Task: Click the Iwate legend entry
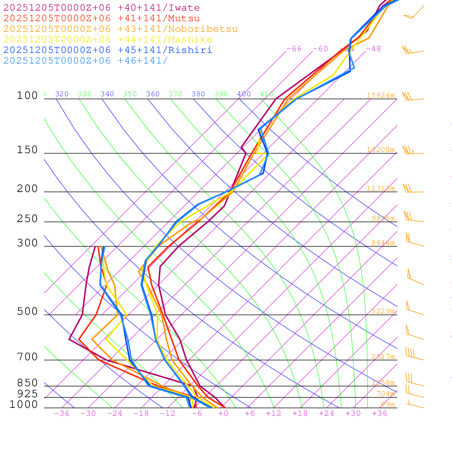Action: pyautogui.click(x=102, y=8)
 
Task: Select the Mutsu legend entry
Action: pyautogui.click(x=102, y=19)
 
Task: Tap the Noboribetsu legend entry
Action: pyautogui.click(x=121, y=29)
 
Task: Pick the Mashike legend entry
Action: pyautogui.click(x=108, y=40)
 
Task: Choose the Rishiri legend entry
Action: pyautogui.click(x=108, y=50)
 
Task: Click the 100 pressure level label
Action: pyautogui.click(x=27, y=95)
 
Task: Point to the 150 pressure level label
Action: pyautogui.click(x=27, y=150)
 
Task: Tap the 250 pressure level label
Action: pyautogui.click(x=27, y=219)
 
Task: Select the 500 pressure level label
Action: pyautogui.click(x=27, y=312)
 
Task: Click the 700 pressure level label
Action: pyautogui.click(x=27, y=357)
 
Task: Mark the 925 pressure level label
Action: pyautogui.click(x=27, y=394)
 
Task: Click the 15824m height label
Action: pyautogui.click(x=380, y=95)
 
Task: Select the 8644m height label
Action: pyautogui.click(x=383, y=243)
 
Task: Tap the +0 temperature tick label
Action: pyautogui.click(x=223, y=414)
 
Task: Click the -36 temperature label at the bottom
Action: pyautogui.click(x=62, y=414)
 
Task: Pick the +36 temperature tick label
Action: pyautogui.click(x=380, y=414)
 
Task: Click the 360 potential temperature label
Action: pyautogui.click(x=153, y=94)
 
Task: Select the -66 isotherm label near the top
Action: pyautogui.click(x=294, y=49)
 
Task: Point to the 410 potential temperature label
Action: pyautogui.click(x=267, y=94)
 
